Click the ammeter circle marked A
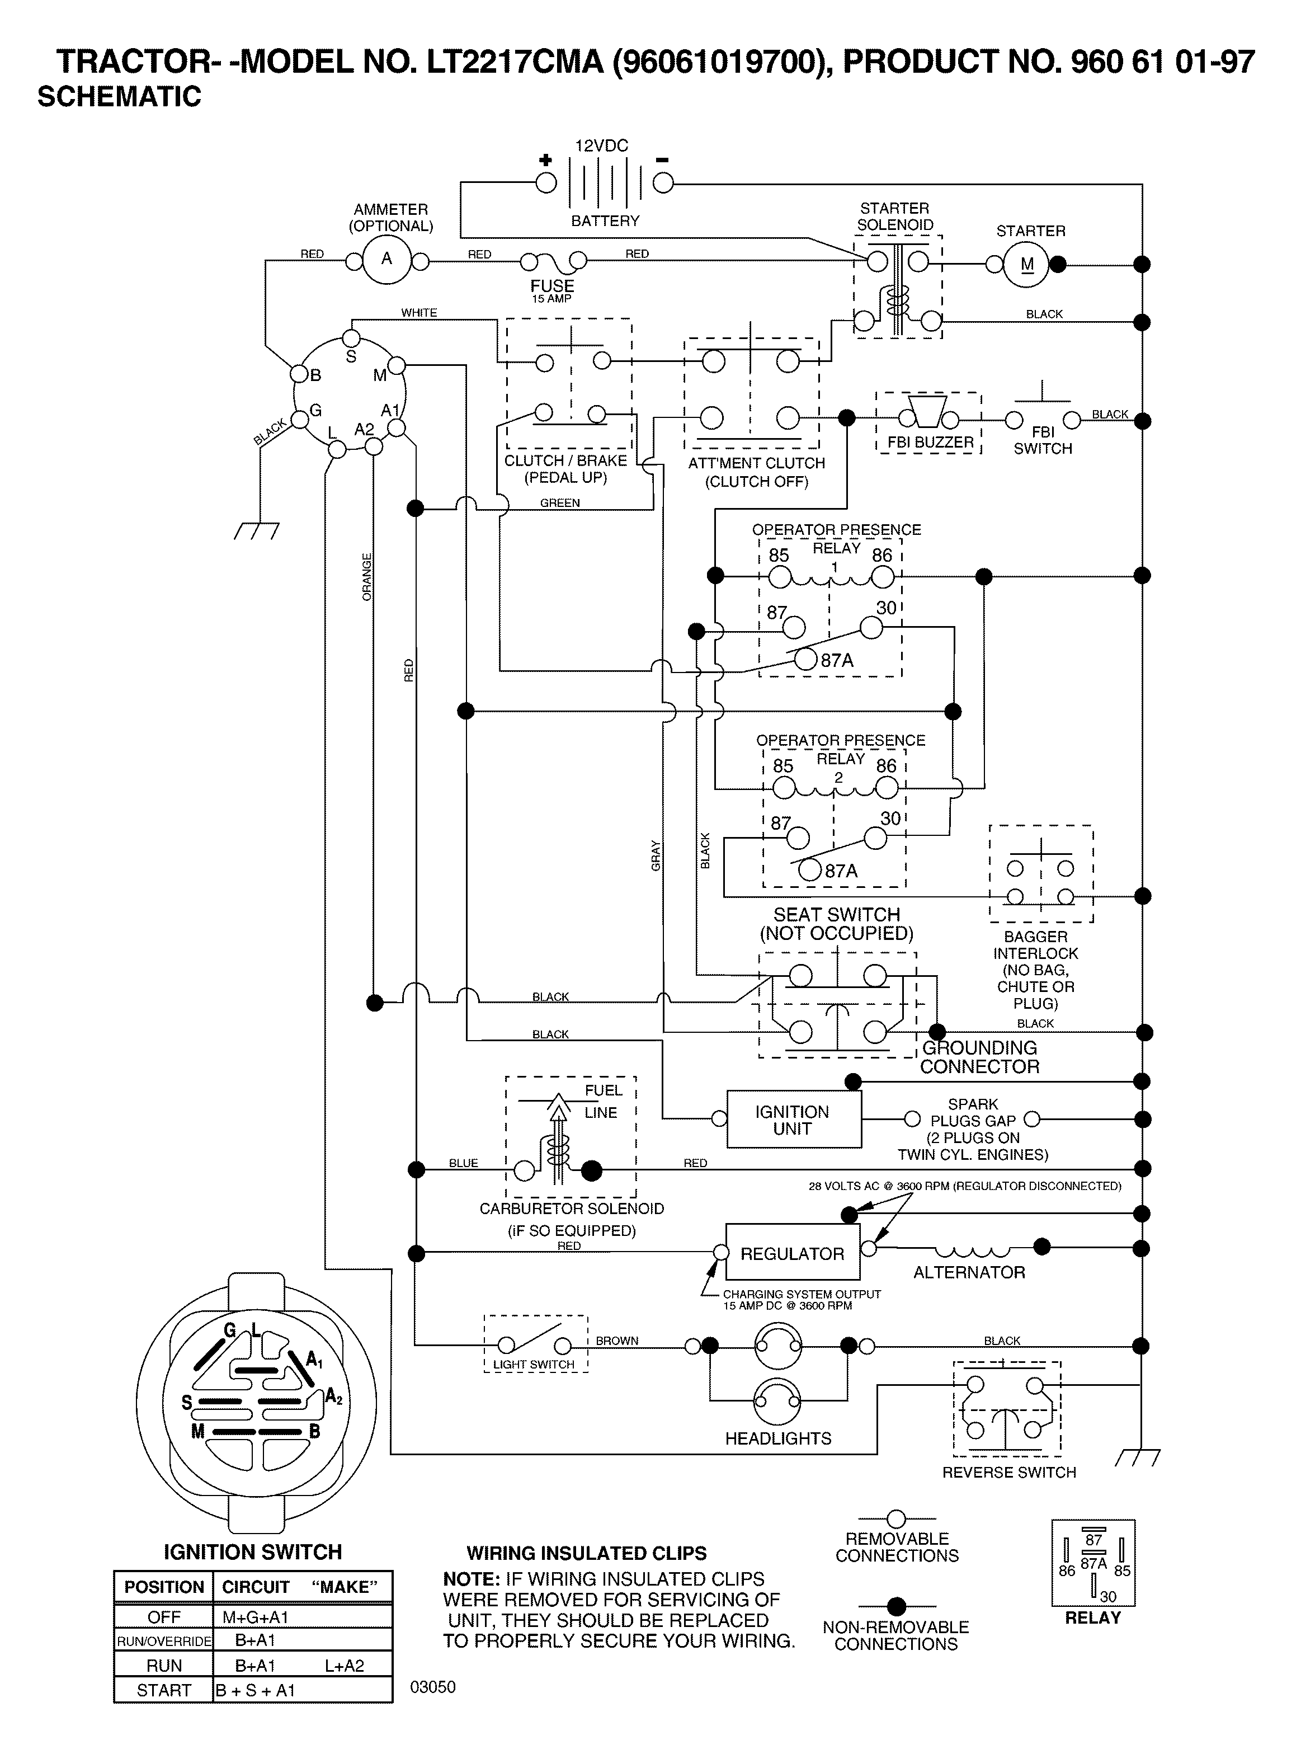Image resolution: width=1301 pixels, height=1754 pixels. tap(386, 259)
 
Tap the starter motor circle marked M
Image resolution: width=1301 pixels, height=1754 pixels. tap(1027, 265)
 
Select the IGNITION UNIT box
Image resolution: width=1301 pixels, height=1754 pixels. tap(793, 1119)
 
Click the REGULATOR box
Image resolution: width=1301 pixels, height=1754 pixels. tap(792, 1253)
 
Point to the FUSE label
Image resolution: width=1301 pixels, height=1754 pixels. tap(552, 286)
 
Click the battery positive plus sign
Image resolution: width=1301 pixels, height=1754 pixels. tap(545, 160)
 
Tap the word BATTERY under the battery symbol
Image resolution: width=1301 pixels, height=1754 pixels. tap(605, 222)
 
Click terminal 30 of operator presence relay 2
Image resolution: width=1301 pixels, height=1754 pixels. tap(875, 839)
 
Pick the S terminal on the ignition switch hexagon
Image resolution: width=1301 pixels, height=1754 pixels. tap(351, 338)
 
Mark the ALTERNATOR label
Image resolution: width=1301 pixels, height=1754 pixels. tap(969, 1273)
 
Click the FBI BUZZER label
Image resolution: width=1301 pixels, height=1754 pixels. tap(930, 443)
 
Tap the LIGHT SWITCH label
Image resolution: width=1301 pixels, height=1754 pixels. tap(534, 1364)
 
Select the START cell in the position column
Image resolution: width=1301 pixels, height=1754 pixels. tap(164, 1690)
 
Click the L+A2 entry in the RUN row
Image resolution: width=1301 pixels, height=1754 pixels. tap(344, 1666)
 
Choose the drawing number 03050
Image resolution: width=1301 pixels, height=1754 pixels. tap(433, 1686)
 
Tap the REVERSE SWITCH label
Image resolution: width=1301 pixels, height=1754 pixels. tap(1009, 1472)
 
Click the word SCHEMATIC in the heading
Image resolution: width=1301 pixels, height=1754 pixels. tap(119, 97)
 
